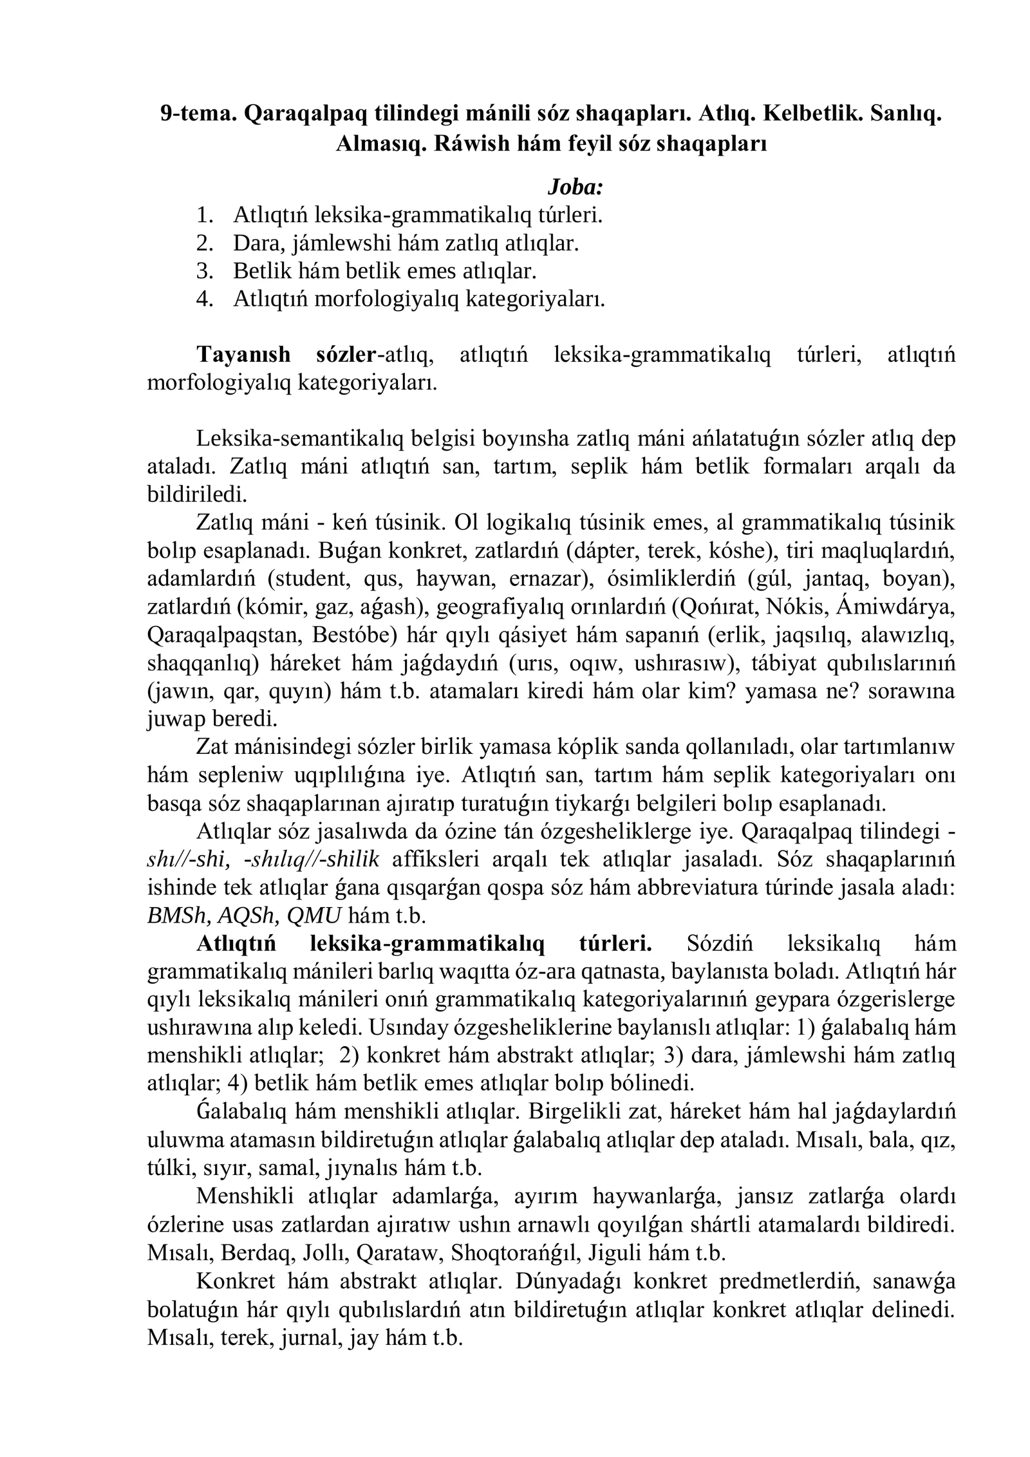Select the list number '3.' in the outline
(204, 270)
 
